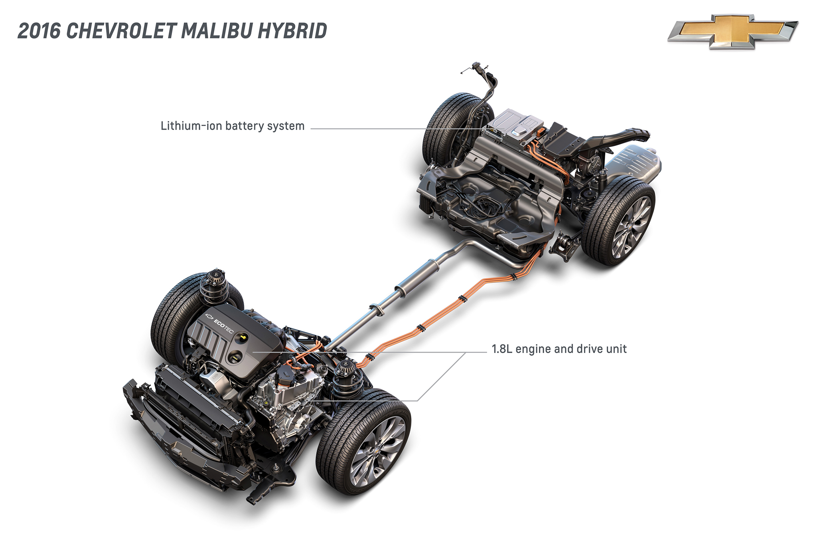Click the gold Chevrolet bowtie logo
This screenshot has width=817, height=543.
pos(732,31)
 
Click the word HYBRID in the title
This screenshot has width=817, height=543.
pos(292,31)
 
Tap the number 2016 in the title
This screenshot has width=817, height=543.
pos(39,31)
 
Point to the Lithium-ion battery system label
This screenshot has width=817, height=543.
pos(232,126)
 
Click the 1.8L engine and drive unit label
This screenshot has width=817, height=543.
pos(559,349)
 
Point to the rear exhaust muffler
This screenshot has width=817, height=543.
pos(634,164)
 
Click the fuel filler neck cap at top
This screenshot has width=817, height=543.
pos(476,66)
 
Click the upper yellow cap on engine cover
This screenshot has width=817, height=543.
pos(242,338)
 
